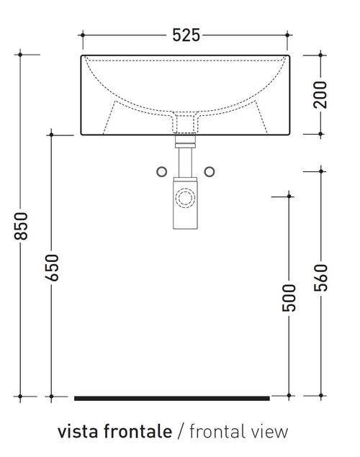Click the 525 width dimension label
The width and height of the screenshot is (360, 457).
186,35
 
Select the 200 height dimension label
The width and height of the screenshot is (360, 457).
321,94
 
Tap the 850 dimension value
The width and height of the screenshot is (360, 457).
22,227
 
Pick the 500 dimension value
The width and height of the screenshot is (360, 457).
289,297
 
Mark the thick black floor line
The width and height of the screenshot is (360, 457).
172,398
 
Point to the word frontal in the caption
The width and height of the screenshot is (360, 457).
216,432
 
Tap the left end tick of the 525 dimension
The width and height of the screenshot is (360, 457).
83,35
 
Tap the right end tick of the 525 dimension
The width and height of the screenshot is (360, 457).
289,35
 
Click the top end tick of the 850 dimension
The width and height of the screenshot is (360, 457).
22,54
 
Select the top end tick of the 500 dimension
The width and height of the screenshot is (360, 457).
289,194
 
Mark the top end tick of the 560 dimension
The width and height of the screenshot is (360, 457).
321,171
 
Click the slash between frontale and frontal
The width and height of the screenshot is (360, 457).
180,432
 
